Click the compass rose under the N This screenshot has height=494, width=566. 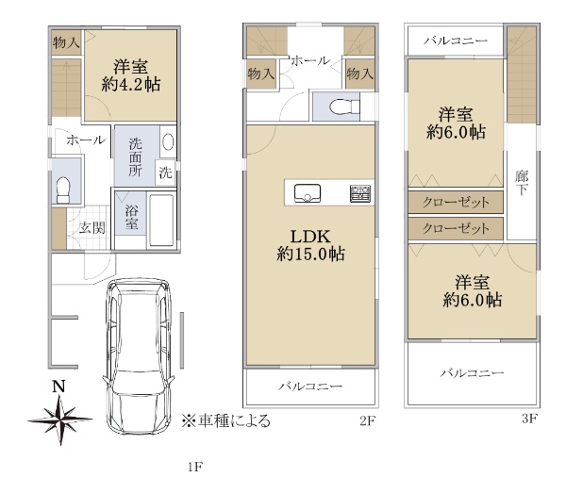point(60,420)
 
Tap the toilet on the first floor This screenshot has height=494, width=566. point(63,189)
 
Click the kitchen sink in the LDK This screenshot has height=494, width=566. point(308,193)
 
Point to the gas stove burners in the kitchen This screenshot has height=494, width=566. point(360,193)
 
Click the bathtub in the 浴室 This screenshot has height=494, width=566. point(161,220)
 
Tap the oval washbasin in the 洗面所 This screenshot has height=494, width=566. point(168,141)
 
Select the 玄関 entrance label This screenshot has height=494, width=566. point(92,228)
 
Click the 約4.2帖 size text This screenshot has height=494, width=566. point(131,85)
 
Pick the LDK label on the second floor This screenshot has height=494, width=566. point(310,237)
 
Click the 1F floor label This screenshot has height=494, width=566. point(195,468)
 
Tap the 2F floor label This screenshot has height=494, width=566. point(368,421)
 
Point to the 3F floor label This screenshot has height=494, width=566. point(530,419)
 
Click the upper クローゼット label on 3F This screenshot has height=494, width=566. point(456,202)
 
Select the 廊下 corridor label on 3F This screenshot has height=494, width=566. point(522,183)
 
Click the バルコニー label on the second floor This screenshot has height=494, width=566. point(310,387)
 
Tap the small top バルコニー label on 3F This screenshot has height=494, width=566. point(456,41)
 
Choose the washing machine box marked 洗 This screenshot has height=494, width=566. point(165,173)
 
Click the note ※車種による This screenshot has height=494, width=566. point(225,420)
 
